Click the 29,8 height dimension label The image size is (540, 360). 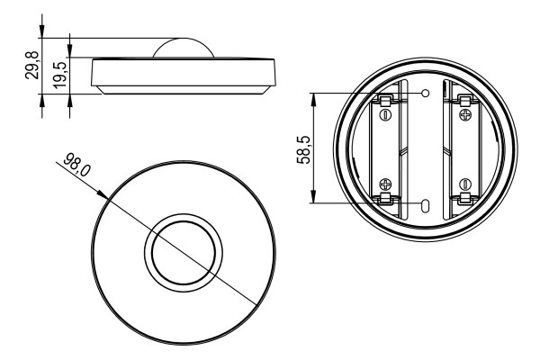tap(31, 66)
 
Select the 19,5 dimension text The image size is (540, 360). tap(59, 76)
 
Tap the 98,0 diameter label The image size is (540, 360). tap(77, 165)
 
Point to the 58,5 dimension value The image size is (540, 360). tap(303, 149)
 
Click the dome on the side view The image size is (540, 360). tap(184, 48)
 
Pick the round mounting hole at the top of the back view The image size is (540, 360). tap(426, 93)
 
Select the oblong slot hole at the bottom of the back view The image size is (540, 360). tap(426, 206)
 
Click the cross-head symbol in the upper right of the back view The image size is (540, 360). tap(465, 114)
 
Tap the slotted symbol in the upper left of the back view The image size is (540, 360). tap(385, 114)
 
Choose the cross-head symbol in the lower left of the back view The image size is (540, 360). tap(385, 184)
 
